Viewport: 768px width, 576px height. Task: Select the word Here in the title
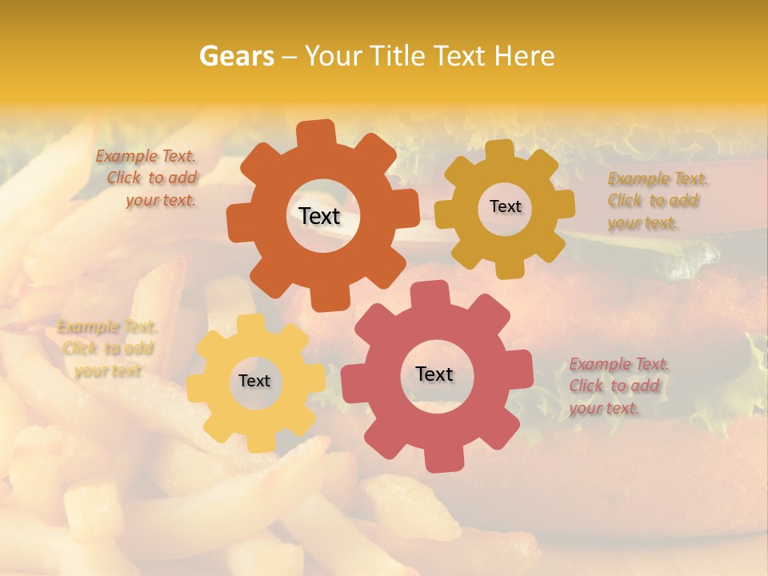(525, 56)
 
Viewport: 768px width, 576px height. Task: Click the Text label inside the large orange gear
(319, 216)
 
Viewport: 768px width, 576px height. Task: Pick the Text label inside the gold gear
(505, 206)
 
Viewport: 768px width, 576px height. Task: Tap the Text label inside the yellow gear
(254, 381)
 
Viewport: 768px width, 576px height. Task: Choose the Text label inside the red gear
(434, 374)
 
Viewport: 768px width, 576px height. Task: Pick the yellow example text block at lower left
(106, 349)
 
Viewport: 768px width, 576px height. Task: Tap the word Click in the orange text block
(124, 178)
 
